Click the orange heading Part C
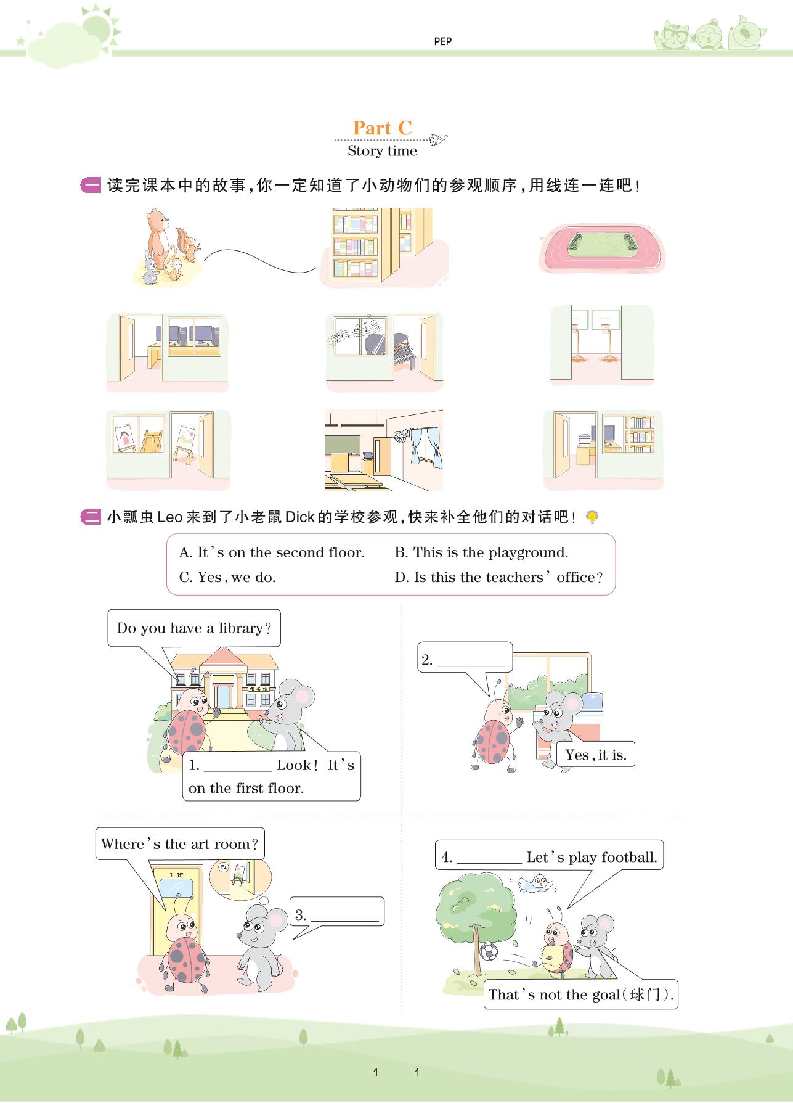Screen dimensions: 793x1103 click(x=382, y=128)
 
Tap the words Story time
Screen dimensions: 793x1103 click(x=382, y=151)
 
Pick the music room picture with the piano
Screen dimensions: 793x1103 click(x=384, y=351)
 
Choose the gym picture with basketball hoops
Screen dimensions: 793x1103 click(x=602, y=345)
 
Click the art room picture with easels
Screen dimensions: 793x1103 click(x=168, y=450)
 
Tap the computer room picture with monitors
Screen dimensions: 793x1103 click(x=167, y=351)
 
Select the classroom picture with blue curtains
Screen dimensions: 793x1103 click(x=384, y=450)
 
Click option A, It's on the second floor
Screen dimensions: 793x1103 click(x=272, y=552)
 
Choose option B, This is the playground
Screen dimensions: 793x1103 click(x=481, y=552)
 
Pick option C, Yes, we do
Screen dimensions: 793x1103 click(x=227, y=578)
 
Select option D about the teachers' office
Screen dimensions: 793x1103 click(x=498, y=578)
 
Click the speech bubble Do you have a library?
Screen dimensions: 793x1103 click(x=194, y=628)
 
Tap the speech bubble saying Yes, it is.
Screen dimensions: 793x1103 click(x=595, y=755)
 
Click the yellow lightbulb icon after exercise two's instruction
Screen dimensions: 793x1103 click(x=592, y=517)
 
